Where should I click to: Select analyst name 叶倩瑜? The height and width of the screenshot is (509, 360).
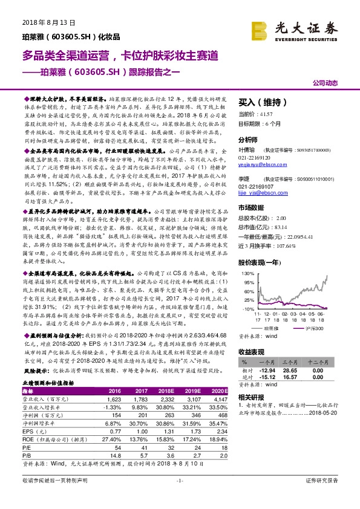pyautogui.click(x=247, y=148)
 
